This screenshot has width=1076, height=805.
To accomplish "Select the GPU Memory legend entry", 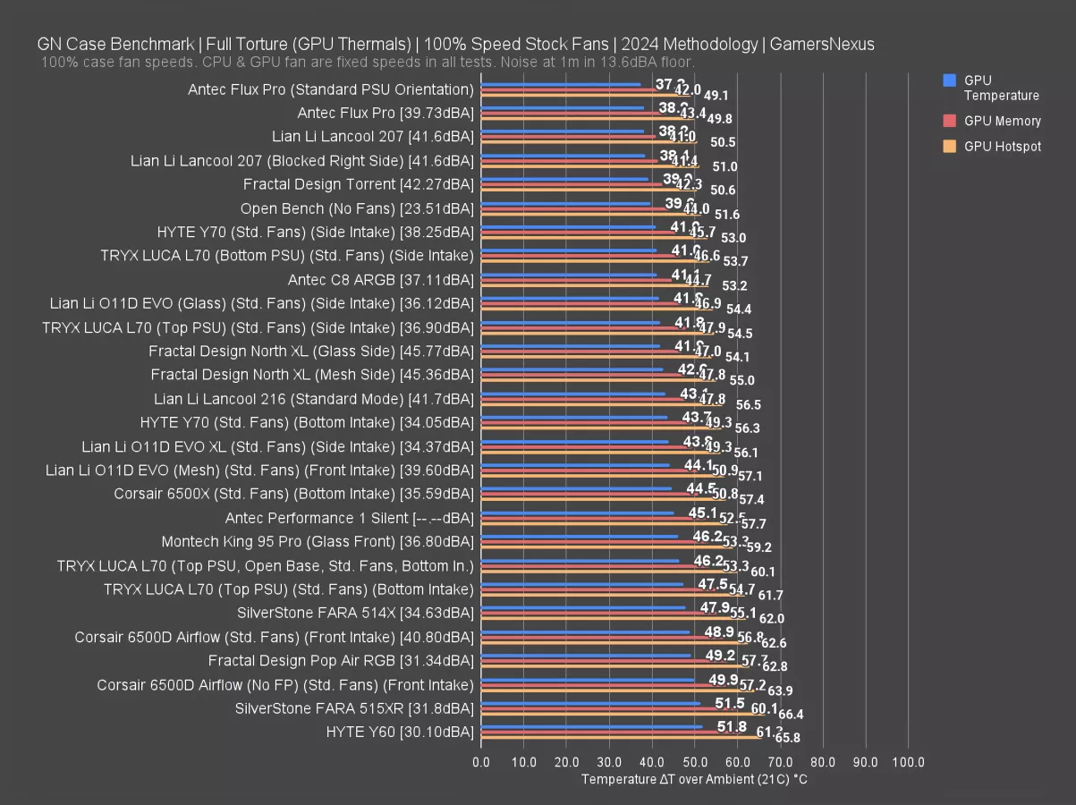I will pos(1002,121).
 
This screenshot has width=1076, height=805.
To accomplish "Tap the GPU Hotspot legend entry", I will pos(1002,147).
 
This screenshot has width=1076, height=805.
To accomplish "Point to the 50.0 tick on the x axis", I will pos(695,762).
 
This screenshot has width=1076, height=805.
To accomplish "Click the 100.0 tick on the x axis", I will pos(908,762).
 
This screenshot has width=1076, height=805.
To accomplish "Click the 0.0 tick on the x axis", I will pos(481,762).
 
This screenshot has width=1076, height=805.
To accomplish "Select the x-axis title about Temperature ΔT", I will pos(694,779).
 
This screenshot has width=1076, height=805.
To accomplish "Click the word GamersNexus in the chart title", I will pos(821,44).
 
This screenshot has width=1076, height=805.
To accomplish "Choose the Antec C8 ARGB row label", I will pos(380,280).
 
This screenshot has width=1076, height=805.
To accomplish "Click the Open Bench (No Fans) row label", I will pos(357,208).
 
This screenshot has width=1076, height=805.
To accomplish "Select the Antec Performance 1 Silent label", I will pos(349,518).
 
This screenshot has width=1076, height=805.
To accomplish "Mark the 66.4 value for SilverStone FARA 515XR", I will pos(791,715).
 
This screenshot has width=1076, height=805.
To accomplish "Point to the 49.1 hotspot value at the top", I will pos(716,96).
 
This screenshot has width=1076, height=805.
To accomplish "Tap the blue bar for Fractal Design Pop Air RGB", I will pos(586,656).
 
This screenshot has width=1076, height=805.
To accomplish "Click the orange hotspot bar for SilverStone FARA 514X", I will pos(613,618).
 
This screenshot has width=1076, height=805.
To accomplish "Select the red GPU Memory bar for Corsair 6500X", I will pos(589,493).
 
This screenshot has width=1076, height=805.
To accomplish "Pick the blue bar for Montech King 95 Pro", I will pos(580,536).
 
